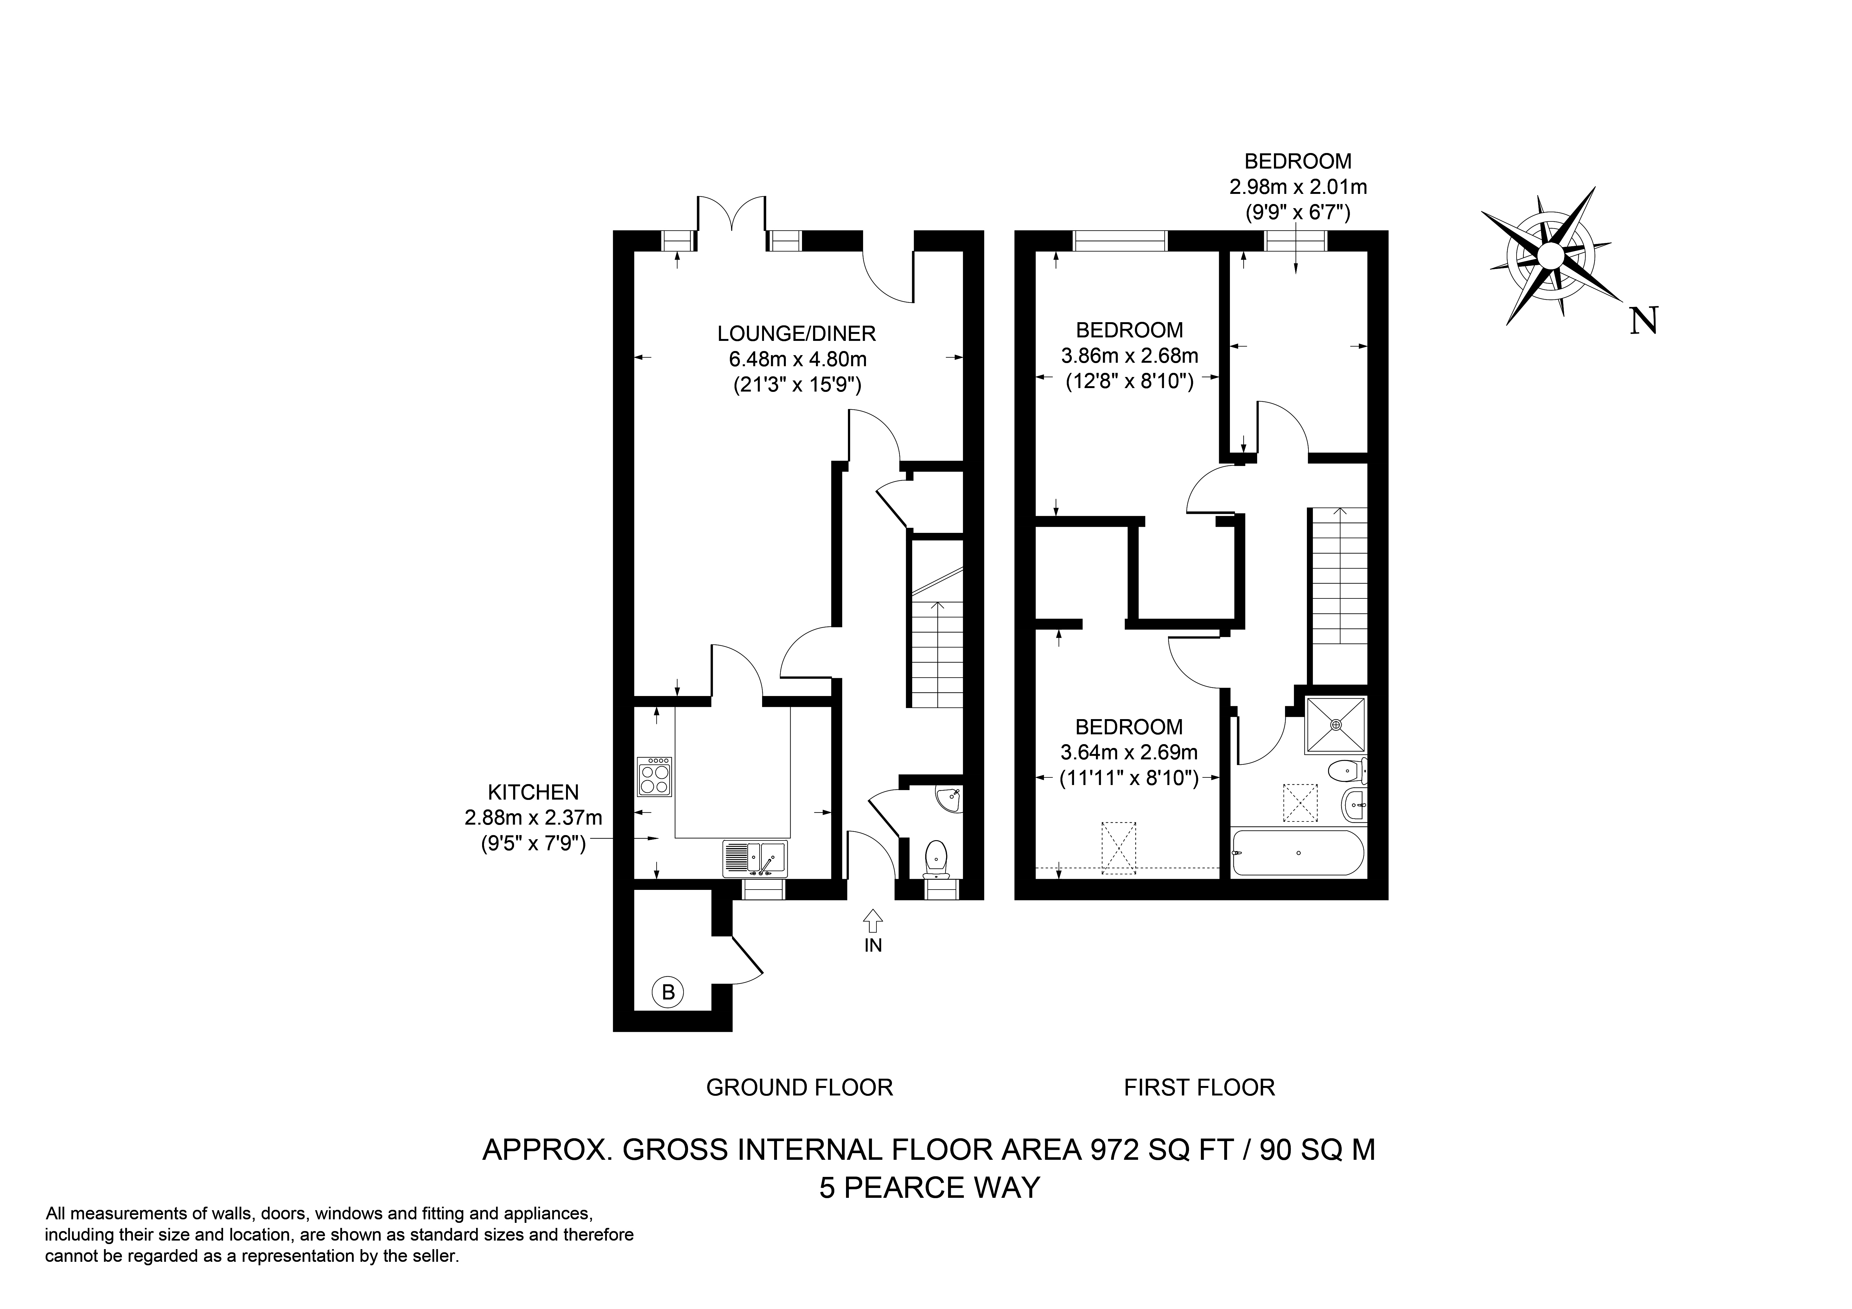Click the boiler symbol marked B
click(x=668, y=991)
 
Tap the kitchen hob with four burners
click(x=654, y=776)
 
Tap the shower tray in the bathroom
click(x=1336, y=726)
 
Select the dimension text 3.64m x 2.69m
click(x=1129, y=752)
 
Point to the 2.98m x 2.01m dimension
click(x=1298, y=187)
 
